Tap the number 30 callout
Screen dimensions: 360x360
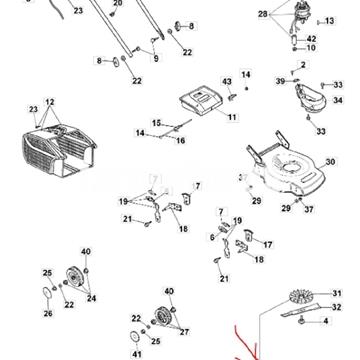pos(331,161)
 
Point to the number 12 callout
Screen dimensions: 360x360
pos(50,101)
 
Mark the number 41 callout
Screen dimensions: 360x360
pos(137,354)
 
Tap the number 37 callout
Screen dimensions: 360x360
pos(309,210)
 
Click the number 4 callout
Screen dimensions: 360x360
pos(327,321)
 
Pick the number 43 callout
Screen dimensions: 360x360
pos(226,81)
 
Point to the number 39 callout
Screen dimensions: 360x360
pos(279,79)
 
